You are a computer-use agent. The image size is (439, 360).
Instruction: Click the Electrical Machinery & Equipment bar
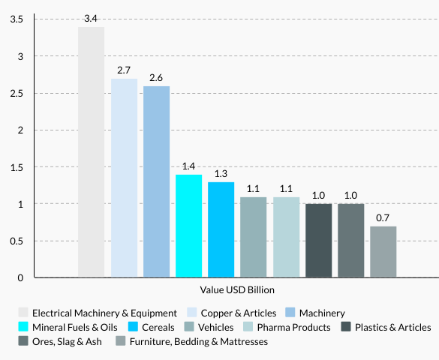pyautogui.click(x=91, y=152)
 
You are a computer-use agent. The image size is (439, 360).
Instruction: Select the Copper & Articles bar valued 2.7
pyautogui.click(x=124, y=178)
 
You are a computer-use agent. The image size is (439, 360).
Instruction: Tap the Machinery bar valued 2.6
pyautogui.click(x=156, y=182)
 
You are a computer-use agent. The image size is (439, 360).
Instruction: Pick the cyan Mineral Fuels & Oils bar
pyautogui.click(x=188, y=226)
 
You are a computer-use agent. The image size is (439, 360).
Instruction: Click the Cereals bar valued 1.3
pyautogui.click(x=221, y=230)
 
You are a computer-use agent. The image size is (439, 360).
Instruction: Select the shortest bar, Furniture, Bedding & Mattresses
pyautogui.click(x=383, y=252)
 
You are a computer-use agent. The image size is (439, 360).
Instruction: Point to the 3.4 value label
pyautogui.click(x=92, y=18)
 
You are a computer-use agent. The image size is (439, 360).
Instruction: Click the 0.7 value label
pyautogui.click(x=383, y=217)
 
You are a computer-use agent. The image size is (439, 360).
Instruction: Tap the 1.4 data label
pyautogui.click(x=188, y=166)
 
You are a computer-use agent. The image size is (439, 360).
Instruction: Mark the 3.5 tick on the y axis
pyautogui.click(x=16, y=19)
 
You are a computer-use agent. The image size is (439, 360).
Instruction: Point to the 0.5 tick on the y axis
pyautogui.click(x=16, y=241)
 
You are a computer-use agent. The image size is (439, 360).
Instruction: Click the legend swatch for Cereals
pyautogui.click(x=133, y=327)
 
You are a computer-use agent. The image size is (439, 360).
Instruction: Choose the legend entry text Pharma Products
pyautogui.click(x=293, y=327)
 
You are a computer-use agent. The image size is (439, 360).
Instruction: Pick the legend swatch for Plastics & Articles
pyautogui.click(x=346, y=327)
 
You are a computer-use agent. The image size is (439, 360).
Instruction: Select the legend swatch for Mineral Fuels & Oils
pyautogui.click(x=23, y=327)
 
